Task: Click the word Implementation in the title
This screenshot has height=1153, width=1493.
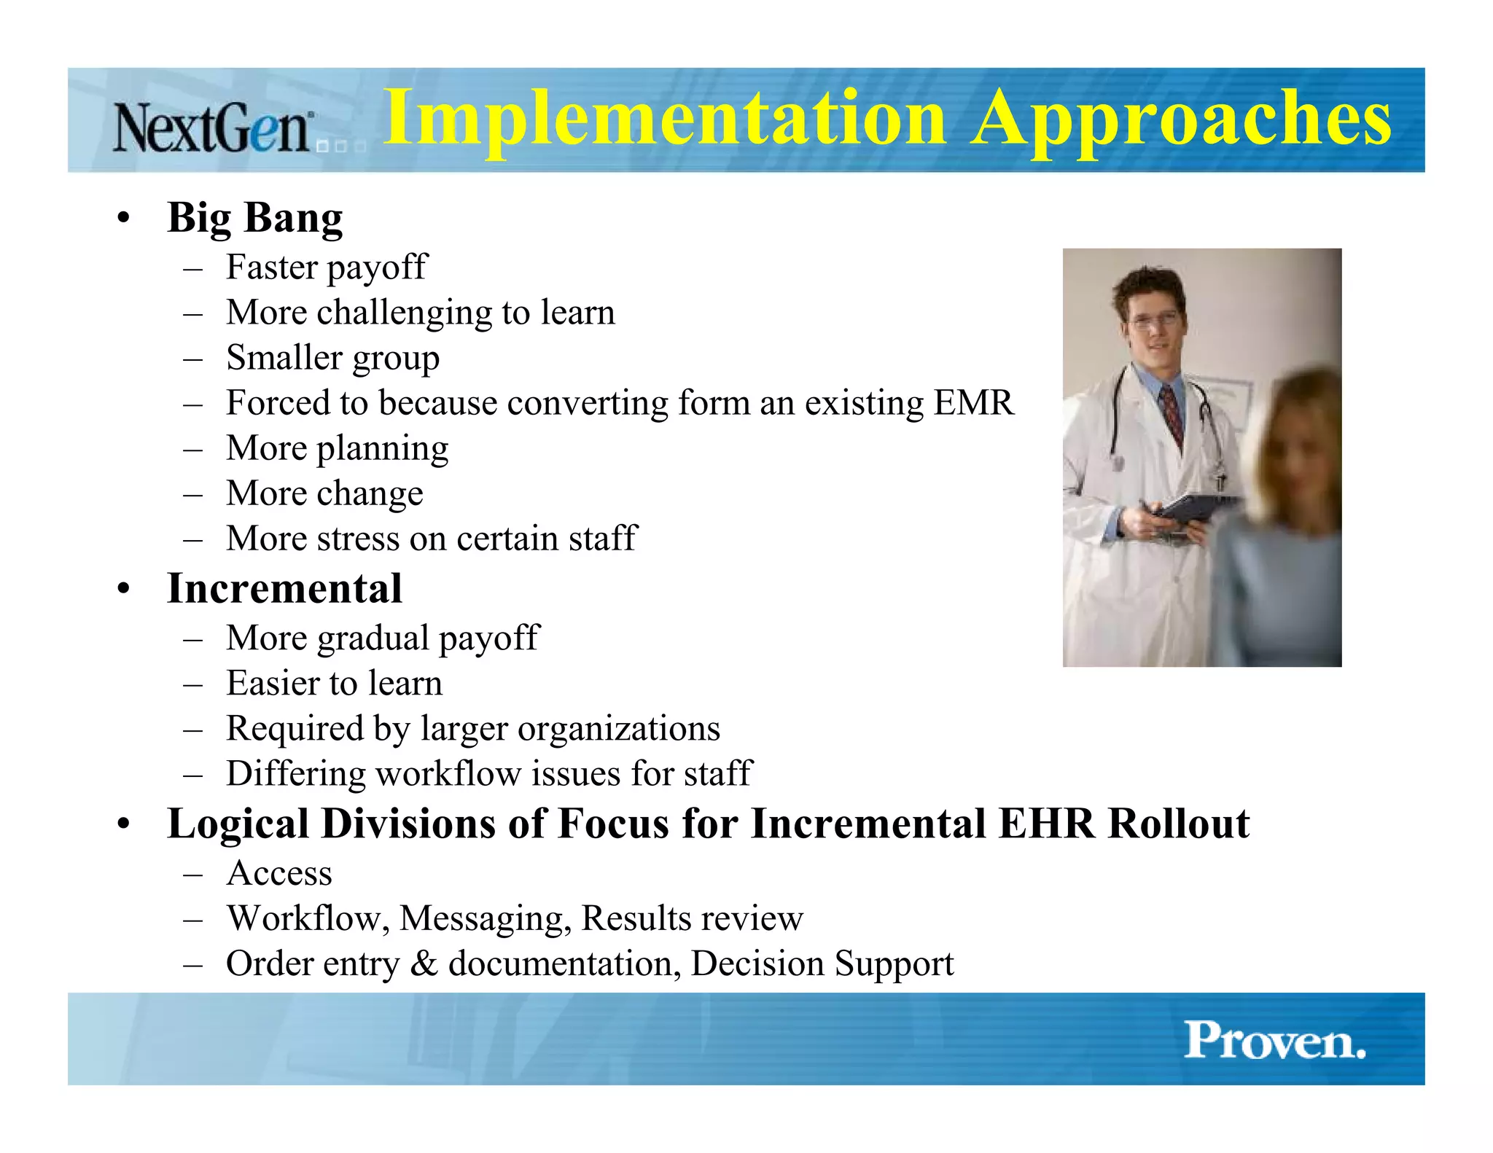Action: point(663,119)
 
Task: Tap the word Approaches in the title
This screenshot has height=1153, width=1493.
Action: point(1181,119)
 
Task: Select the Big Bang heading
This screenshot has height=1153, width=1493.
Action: point(254,218)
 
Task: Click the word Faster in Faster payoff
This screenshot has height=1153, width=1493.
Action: point(271,267)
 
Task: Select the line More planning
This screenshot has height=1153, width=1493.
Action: point(337,448)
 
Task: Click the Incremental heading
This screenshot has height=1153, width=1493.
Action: point(284,588)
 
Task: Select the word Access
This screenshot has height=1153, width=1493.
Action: point(279,873)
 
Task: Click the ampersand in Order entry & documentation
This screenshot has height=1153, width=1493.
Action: point(424,964)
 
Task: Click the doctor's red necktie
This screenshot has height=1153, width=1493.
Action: point(1172,415)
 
